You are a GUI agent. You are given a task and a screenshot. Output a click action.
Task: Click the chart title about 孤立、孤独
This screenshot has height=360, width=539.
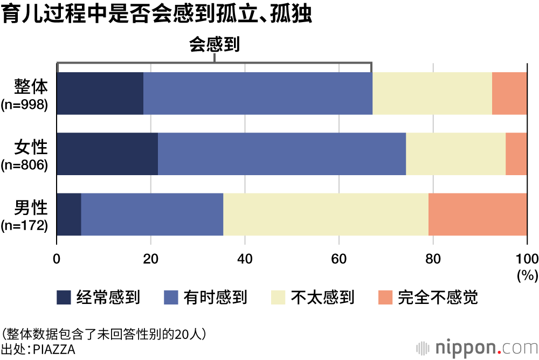(x=156, y=15)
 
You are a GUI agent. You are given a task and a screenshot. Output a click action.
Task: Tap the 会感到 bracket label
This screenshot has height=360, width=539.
(x=214, y=45)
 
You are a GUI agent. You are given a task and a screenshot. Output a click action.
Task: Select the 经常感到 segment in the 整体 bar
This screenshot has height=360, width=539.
(x=100, y=93)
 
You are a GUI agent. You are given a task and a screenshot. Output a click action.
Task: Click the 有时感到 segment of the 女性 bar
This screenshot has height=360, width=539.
(x=282, y=154)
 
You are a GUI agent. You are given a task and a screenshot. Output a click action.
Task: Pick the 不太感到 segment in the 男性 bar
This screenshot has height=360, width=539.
(x=326, y=214)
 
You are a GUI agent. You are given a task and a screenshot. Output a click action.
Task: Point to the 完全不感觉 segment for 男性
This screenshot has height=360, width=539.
(x=478, y=214)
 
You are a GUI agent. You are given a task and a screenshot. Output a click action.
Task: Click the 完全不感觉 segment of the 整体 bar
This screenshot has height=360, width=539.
(x=509, y=93)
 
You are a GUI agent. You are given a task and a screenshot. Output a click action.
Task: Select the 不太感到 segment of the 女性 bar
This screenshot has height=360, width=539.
(x=455, y=154)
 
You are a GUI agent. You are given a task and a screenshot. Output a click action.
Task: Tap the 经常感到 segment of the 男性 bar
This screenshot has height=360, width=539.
(x=69, y=214)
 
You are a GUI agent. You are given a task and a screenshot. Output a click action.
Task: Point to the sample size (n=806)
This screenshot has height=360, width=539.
(x=25, y=164)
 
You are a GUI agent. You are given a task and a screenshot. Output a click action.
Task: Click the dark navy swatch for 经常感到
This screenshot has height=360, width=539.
(x=64, y=297)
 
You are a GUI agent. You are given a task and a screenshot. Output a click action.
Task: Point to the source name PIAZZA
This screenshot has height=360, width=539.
(x=54, y=349)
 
